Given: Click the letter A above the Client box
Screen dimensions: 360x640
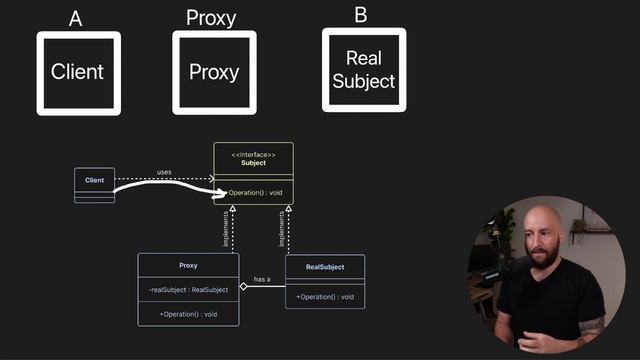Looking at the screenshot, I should point(76,18).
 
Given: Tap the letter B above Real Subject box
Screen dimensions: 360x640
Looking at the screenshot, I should point(362,15).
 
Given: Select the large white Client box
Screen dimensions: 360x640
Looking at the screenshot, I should point(78,72).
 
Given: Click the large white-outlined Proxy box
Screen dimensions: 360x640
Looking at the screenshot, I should point(214,72).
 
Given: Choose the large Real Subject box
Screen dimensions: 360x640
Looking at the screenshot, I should point(363,70).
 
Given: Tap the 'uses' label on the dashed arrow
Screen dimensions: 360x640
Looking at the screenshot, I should point(164,172).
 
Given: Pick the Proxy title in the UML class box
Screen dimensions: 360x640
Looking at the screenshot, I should point(188,266).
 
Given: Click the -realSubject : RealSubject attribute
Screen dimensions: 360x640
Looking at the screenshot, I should point(188,289).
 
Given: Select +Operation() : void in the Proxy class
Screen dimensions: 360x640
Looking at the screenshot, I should point(188,314).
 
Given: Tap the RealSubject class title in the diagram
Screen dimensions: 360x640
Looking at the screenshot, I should point(325,267).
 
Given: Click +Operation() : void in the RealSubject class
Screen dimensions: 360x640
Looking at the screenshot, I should point(325,296).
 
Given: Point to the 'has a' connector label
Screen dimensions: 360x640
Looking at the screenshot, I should point(262,279).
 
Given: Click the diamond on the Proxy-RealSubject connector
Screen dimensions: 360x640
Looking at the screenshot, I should point(244,286).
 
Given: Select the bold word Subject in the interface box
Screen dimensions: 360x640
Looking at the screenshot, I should point(253,163).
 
